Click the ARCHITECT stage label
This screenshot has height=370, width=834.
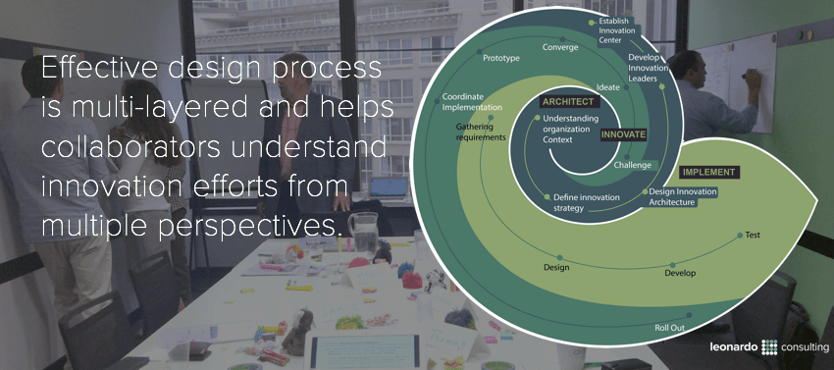click(x=568, y=101)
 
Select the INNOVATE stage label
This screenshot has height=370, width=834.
click(x=623, y=133)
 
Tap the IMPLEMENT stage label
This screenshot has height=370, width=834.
click(x=707, y=172)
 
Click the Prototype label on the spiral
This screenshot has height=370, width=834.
click(x=500, y=59)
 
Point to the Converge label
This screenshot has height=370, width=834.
click(x=560, y=47)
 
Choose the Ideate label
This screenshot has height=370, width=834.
click(x=608, y=87)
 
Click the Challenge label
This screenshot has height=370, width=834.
click(x=632, y=165)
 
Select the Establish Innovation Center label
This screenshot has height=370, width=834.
click(x=619, y=30)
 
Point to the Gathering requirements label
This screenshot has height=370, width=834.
click(x=481, y=132)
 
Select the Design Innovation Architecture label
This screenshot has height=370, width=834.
click(x=683, y=196)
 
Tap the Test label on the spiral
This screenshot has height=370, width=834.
click(x=753, y=235)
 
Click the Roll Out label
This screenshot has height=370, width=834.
click(x=669, y=327)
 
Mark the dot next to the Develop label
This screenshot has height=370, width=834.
click(x=672, y=265)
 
